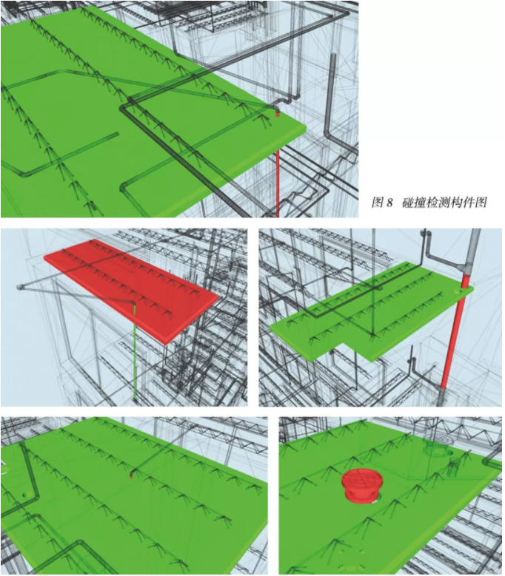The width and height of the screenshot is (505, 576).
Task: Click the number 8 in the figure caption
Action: [x=389, y=203]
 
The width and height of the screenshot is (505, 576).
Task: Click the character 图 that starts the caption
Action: [x=378, y=203]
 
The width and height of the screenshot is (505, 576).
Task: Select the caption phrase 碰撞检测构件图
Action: [x=444, y=203]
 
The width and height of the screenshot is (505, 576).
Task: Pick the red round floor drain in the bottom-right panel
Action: [x=362, y=484]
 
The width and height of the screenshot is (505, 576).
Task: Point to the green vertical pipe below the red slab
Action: [x=135, y=353]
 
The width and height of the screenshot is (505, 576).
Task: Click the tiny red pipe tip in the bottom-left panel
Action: [x=131, y=476]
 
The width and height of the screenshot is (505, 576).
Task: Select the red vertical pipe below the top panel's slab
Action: [x=278, y=183]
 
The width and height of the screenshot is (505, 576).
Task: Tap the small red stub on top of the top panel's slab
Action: [x=278, y=114]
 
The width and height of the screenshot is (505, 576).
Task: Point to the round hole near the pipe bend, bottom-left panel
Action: [x=25, y=495]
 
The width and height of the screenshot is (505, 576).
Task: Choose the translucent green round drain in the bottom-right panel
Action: [x=437, y=445]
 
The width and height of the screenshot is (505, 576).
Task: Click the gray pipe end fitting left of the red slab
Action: [x=19, y=287]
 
